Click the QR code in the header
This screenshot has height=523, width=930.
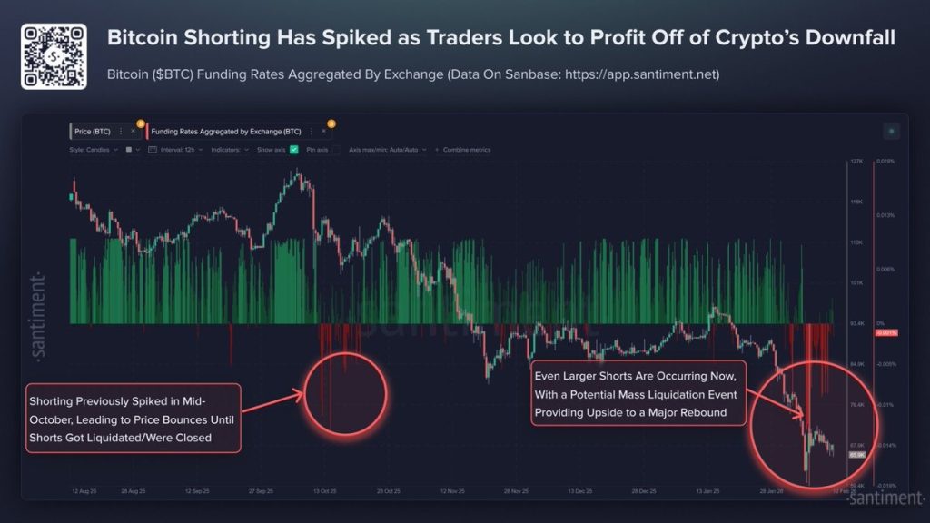point(54,56)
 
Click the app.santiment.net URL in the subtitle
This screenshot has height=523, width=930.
point(641,74)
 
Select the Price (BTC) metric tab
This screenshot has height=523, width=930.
point(94,132)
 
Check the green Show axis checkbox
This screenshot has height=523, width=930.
point(294,150)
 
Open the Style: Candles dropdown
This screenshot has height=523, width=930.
point(93,150)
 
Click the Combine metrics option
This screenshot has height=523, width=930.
point(465,150)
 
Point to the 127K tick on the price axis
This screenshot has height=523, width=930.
point(856,162)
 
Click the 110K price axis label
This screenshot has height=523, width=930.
point(856,242)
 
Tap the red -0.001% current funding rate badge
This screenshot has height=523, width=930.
point(885,333)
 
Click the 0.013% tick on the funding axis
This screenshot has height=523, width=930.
point(885,216)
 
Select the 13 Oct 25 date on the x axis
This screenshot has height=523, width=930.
point(324,491)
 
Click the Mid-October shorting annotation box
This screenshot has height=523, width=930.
point(133,418)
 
